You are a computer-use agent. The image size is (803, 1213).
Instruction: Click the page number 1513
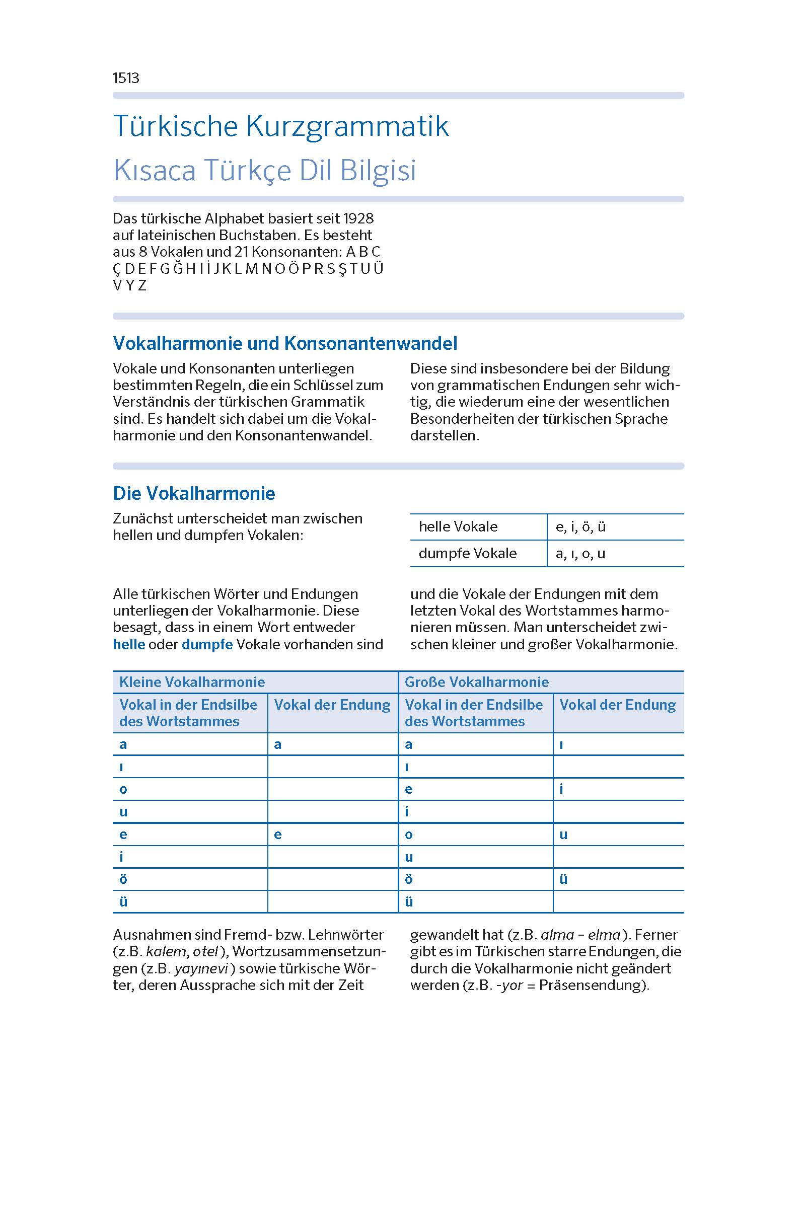pos(126,78)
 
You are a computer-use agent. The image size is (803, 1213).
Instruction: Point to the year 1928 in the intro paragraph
pos(358,218)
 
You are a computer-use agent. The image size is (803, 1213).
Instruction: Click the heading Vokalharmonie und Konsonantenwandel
pos(285,344)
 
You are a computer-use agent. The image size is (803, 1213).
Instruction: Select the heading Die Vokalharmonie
pos(194,494)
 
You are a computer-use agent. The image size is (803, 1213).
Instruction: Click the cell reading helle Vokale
pos(458,527)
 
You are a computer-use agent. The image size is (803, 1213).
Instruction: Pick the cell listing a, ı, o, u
pos(580,554)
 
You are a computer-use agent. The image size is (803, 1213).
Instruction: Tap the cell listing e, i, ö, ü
pos(580,527)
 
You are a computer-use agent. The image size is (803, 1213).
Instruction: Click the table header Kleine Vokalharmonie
pos(192,682)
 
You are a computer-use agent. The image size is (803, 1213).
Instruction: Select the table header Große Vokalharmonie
pos(477,682)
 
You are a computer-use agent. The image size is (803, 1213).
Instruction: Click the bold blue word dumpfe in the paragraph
pos(207,644)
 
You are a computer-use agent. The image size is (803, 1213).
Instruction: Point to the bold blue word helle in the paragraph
pos(129,644)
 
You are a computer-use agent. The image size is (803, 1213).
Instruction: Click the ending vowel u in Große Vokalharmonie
pos(563,835)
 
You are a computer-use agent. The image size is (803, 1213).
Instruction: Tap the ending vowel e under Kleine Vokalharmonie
pos(277,835)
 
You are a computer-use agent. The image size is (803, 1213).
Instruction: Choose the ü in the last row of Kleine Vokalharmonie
pos(123,902)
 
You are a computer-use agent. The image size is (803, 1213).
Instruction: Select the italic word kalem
pos(166,951)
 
